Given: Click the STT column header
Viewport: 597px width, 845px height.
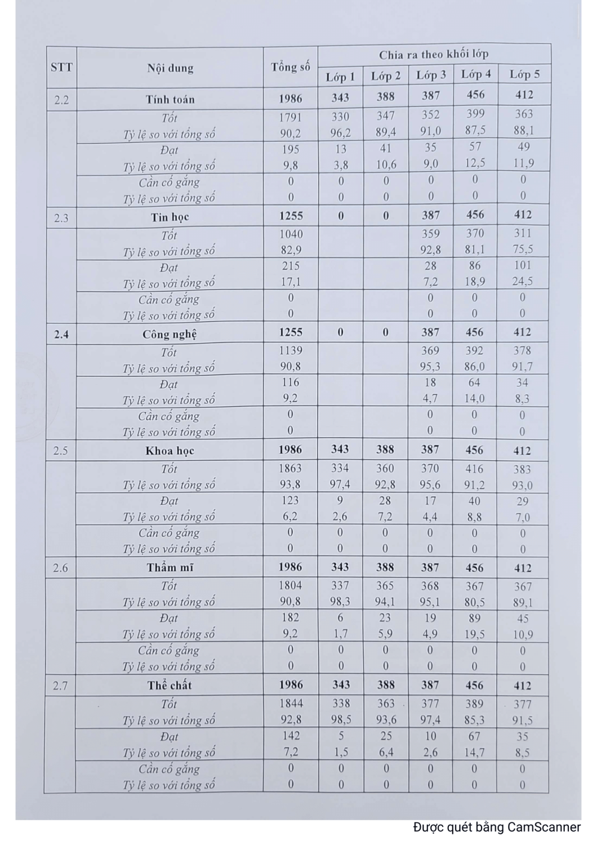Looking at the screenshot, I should [x=61, y=68].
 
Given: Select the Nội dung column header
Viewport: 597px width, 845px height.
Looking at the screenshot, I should [x=170, y=68].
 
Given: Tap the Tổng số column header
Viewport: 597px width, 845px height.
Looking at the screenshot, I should [x=291, y=67].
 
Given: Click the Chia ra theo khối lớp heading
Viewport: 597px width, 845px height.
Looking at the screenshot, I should [x=434, y=55].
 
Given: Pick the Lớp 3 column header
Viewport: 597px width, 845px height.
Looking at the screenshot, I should [x=431, y=75].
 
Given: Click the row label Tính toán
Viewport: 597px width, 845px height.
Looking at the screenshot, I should [x=170, y=100].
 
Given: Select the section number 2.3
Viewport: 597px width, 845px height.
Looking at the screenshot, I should [x=61, y=218].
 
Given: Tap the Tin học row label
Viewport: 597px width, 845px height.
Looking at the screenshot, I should [x=170, y=217].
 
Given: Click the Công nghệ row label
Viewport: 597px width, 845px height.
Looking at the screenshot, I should [x=170, y=334].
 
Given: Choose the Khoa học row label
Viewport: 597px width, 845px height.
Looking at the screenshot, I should [x=170, y=451].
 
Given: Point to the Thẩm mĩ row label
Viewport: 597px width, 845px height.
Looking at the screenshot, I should [x=170, y=568].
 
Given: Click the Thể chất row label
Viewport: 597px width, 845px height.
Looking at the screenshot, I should [x=170, y=686].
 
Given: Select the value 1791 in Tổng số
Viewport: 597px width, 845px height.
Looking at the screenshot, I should [x=291, y=118].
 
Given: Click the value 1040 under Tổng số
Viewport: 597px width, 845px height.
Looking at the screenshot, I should [x=291, y=234].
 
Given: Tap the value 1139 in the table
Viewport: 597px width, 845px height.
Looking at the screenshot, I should [x=291, y=352].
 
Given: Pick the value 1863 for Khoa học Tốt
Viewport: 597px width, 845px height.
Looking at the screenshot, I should [x=291, y=469].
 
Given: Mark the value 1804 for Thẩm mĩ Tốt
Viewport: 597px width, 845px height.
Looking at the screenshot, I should [x=291, y=586].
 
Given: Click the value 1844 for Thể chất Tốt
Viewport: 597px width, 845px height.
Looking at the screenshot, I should [x=291, y=704].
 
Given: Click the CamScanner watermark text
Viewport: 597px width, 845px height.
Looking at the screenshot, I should [x=496, y=827].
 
